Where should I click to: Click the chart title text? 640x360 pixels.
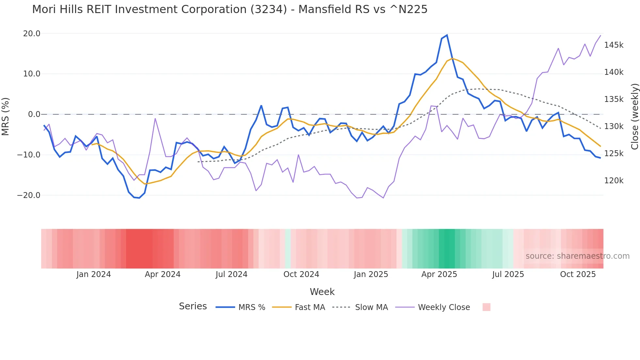click(230, 9)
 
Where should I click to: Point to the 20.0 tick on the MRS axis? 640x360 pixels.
click(32, 34)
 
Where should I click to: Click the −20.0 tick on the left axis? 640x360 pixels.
click(29, 195)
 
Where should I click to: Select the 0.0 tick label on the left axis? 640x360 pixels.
click(34, 114)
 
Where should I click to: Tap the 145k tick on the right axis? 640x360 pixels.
click(614, 45)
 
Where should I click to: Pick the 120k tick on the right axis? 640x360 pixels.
click(614, 181)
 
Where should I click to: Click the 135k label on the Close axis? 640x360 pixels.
click(614, 99)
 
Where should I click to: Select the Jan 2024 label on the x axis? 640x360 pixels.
click(93, 274)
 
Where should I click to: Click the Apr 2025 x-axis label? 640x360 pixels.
click(439, 274)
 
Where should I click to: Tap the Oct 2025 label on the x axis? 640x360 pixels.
click(578, 274)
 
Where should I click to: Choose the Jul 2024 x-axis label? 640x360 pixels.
click(231, 274)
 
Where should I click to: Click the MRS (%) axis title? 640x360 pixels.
click(6, 116)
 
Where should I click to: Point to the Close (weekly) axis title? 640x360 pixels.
click(634, 116)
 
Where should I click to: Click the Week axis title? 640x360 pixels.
click(322, 292)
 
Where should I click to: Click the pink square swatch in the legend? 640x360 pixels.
click(486, 307)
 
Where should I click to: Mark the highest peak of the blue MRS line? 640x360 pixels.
click(447, 35)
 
